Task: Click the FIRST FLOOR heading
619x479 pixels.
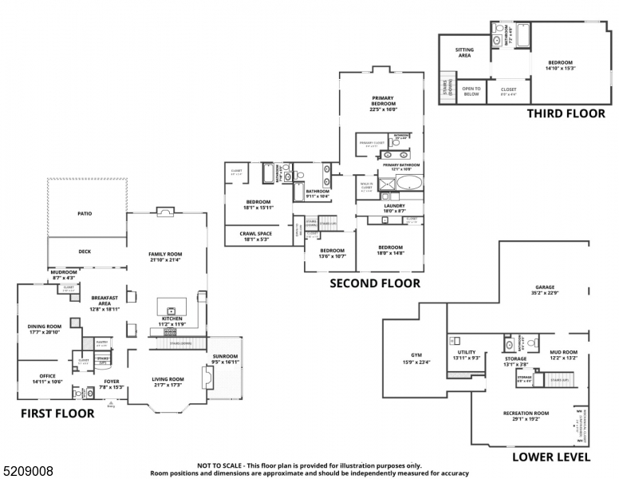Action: click(x=57, y=414)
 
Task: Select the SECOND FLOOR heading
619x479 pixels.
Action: click(x=375, y=283)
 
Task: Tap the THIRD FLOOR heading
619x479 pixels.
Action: click(x=566, y=113)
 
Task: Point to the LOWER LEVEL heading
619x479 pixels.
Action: click(x=551, y=457)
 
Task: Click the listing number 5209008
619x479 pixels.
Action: click(x=28, y=471)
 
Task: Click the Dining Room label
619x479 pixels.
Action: click(x=45, y=328)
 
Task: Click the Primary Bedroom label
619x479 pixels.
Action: click(x=383, y=101)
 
